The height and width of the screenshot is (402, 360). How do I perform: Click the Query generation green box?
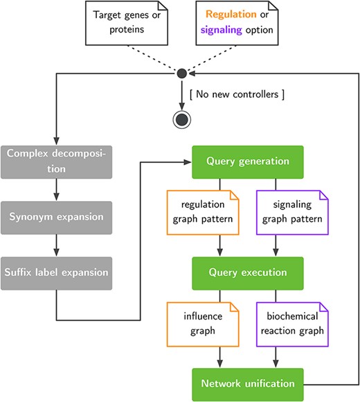(x=248, y=161)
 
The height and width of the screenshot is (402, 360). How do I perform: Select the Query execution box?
(x=248, y=272)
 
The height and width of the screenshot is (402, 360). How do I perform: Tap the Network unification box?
(x=248, y=383)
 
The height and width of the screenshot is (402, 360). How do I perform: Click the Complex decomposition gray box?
(x=55, y=161)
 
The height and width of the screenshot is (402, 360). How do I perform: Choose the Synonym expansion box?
(x=55, y=216)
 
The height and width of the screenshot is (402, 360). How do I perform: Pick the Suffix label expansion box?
(x=55, y=272)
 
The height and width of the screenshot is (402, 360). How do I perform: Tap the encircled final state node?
(x=182, y=119)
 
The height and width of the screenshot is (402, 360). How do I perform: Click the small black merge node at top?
(x=181, y=73)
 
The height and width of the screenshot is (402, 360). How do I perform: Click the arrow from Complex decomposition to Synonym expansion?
(x=55, y=189)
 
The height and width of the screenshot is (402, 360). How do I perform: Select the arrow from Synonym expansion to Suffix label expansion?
(x=55, y=245)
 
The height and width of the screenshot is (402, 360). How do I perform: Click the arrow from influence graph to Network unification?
(x=219, y=358)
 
